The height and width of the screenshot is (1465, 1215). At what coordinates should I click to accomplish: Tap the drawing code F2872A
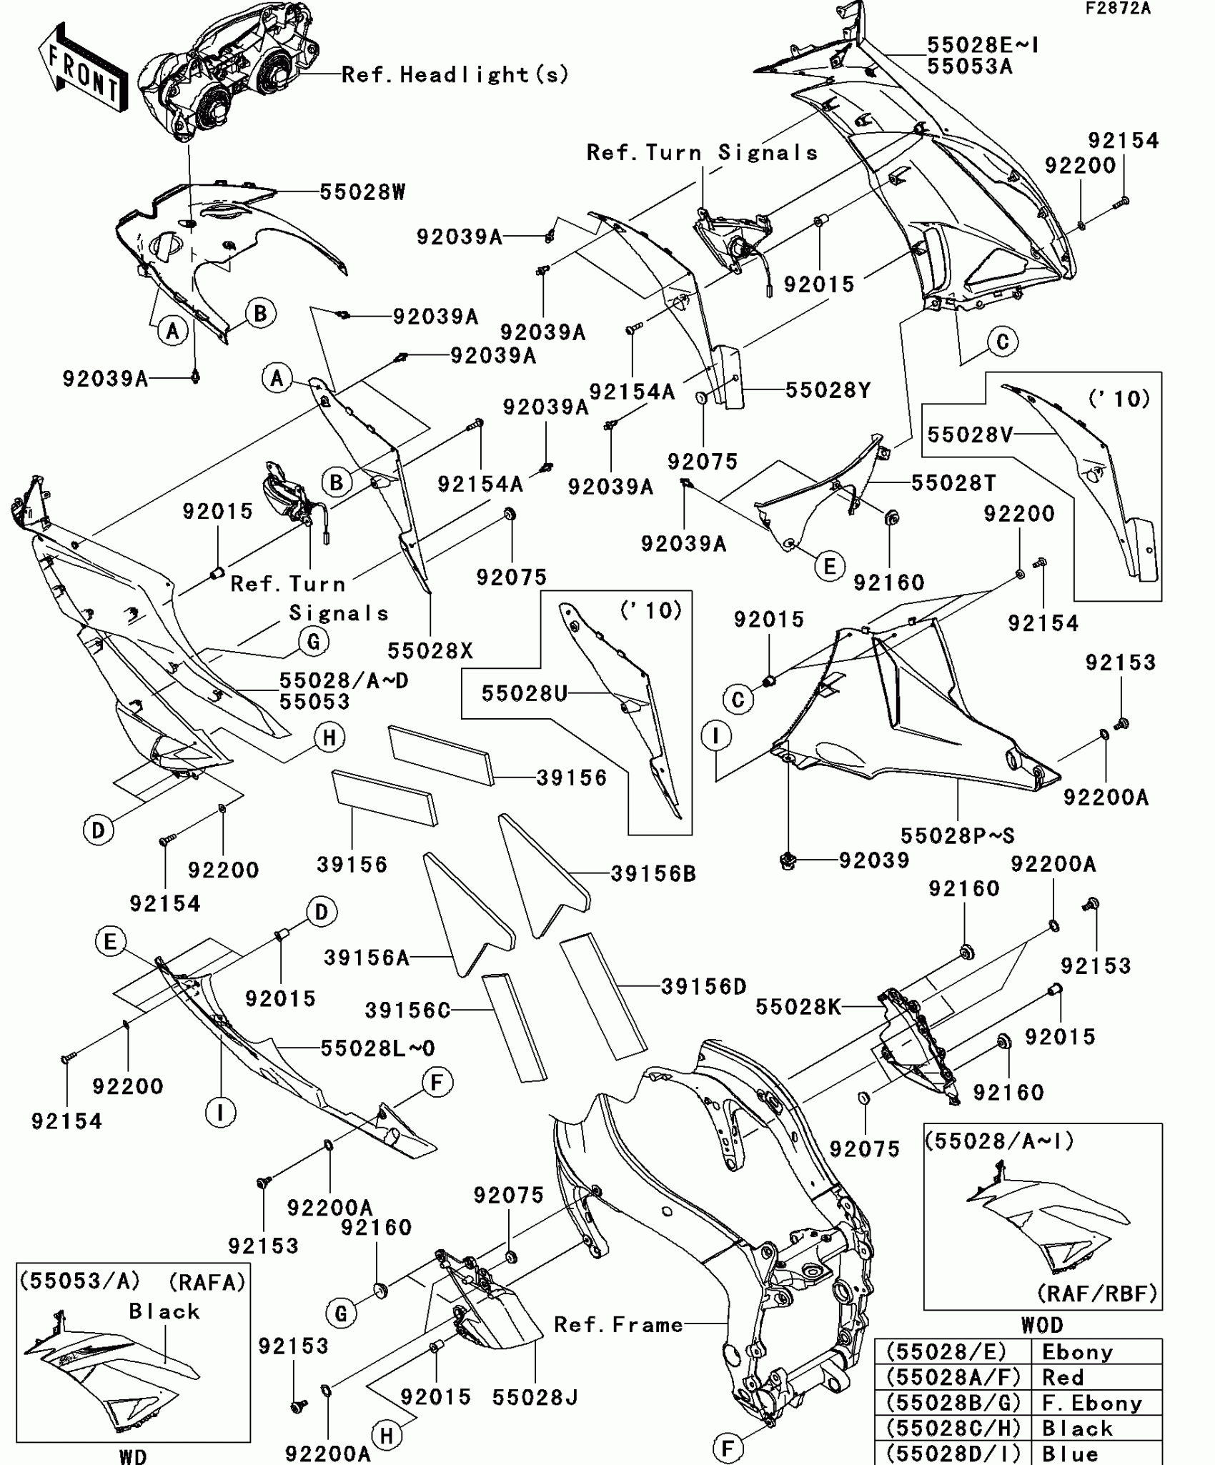click(x=1118, y=9)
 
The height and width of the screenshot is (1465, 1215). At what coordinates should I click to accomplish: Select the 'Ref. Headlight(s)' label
click(x=455, y=74)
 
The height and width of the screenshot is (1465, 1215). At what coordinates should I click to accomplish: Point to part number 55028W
click(x=362, y=192)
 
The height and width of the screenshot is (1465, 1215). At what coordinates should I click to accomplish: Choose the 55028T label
click(x=953, y=483)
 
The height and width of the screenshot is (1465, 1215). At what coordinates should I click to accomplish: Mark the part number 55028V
click(x=970, y=434)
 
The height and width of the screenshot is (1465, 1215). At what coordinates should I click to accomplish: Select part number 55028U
click(x=524, y=693)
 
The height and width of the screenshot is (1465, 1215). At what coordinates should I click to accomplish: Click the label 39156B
click(x=653, y=873)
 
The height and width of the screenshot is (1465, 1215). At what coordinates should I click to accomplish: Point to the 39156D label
click(x=704, y=987)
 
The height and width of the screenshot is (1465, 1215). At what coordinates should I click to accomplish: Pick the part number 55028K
click(x=798, y=1007)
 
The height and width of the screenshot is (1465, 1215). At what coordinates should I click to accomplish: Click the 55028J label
click(x=535, y=1398)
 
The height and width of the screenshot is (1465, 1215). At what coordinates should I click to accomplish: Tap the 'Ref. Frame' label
click(x=619, y=1325)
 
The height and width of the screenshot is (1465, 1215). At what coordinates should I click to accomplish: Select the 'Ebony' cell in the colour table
click(x=1078, y=1352)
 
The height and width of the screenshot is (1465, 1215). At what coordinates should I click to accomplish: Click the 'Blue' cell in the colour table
click(x=1071, y=1454)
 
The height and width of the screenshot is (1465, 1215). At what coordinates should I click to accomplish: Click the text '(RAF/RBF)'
click(x=1097, y=1293)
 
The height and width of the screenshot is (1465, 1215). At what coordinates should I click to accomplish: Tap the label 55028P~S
click(x=957, y=835)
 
